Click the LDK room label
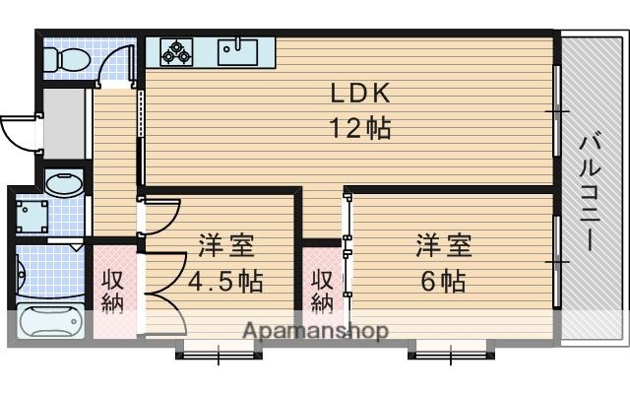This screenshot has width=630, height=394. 360,93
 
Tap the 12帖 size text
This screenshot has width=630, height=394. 360,128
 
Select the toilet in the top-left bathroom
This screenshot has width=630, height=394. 67,59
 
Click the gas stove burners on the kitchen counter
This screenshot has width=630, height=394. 176,51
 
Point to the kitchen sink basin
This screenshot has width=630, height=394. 238,52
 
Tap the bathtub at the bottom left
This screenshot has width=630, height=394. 50,322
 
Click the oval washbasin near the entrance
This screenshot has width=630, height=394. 64,184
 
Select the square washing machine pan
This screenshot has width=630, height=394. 31,217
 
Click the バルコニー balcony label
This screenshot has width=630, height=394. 589,191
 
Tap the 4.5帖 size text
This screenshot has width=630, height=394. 225,281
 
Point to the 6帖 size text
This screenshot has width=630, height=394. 443,281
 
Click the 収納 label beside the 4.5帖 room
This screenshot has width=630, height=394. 112,292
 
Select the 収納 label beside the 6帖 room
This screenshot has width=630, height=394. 323,292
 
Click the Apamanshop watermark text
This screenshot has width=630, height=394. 316,331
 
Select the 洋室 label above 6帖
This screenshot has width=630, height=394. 444,245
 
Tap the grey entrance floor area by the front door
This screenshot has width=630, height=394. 64,124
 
